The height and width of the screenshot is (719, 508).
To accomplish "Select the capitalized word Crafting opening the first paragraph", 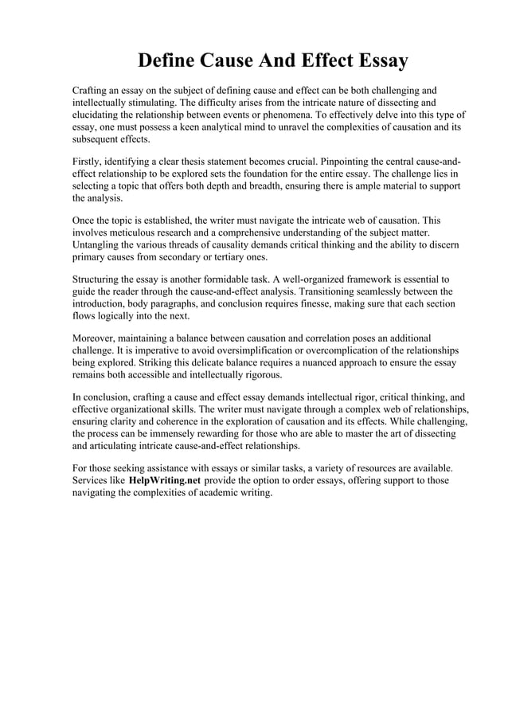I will [92, 91].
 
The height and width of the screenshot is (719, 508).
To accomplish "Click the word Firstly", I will [87, 162].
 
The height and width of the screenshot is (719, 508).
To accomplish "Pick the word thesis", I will [205, 162].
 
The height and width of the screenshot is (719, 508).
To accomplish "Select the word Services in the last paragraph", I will [92, 481].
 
